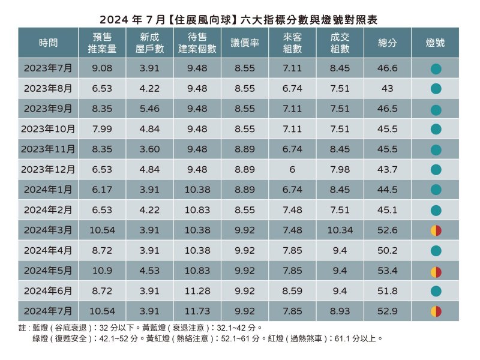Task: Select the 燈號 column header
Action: pyautogui.click(x=436, y=43)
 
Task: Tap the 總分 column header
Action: pyautogui.click(x=388, y=43)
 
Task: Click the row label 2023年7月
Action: pyautogui.click(x=48, y=68)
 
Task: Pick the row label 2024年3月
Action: pyautogui.click(x=48, y=230)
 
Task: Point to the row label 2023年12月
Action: pyautogui.click(x=48, y=169)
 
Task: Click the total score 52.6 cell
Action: pyautogui.click(x=388, y=230)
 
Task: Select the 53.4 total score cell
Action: pyautogui.click(x=388, y=271)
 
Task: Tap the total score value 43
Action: pyautogui.click(x=388, y=89)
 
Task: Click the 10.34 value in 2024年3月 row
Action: pyautogui.click(x=340, y=230)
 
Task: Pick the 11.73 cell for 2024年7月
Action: pyautogui.click(x=197, y=311)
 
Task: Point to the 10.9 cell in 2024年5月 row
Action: pyautogui.click(x=103, y=271)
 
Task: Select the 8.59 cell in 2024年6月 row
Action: pyautogui.click(x=292, y=291)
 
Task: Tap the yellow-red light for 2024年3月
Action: pyautogui.click(x=436, y=231)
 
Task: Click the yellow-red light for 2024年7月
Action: pyautogui.click(x=436, y=311)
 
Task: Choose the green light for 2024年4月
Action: pyautogui.click(x=436, y=251)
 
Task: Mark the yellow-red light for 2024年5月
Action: pyautogui.click(x=436, y=271)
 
